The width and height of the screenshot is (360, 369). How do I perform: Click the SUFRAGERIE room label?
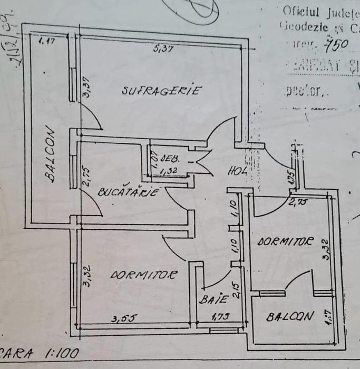[x=161, y=91]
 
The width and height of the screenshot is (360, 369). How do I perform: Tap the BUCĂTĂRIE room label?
[x=129, y=192]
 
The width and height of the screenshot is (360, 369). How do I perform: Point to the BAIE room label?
[x=213, y=299]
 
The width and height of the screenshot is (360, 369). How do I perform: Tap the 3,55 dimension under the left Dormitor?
[x=121, y=318]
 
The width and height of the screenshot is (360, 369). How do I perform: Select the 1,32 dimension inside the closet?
[x=168, y=170]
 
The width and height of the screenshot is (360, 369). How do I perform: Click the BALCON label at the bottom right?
[x=290, y=317]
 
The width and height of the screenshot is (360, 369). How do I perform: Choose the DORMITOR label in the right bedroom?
[x=285, y=242]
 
